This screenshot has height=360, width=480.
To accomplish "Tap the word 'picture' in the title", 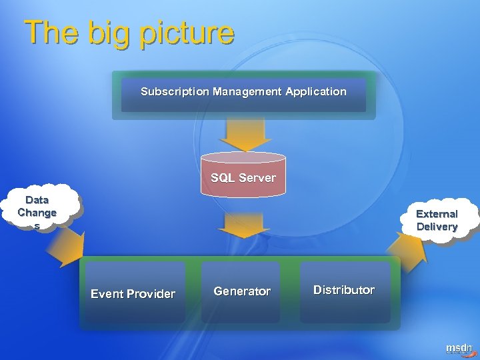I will click(187, 33).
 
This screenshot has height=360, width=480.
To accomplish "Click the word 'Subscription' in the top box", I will click(175, 91).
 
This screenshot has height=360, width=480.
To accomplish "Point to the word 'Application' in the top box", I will click(316, 91).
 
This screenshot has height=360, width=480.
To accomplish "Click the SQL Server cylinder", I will click(243, 175).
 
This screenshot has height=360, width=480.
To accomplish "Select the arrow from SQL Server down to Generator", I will click(244, 225).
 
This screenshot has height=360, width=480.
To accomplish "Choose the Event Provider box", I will click(133, 293).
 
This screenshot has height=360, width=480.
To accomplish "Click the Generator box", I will click(242, 291).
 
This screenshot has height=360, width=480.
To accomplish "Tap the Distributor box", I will click(344, 290).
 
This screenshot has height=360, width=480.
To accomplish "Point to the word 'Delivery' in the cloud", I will click(437, 227).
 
